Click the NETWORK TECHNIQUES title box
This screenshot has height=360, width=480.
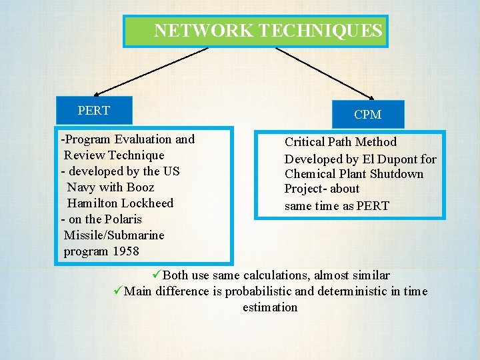tap(255, 31)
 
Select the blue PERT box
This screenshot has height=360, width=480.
tap(94, 110)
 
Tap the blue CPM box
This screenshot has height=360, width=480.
tap(367, 115)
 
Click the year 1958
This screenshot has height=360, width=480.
tap(126, 251)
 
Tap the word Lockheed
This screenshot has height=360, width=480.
tap(148, 203)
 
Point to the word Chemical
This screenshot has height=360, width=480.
tap(310, 174)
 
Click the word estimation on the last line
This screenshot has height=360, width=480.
tap(270, 307)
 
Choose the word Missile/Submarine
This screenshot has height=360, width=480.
tap(114, 235)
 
